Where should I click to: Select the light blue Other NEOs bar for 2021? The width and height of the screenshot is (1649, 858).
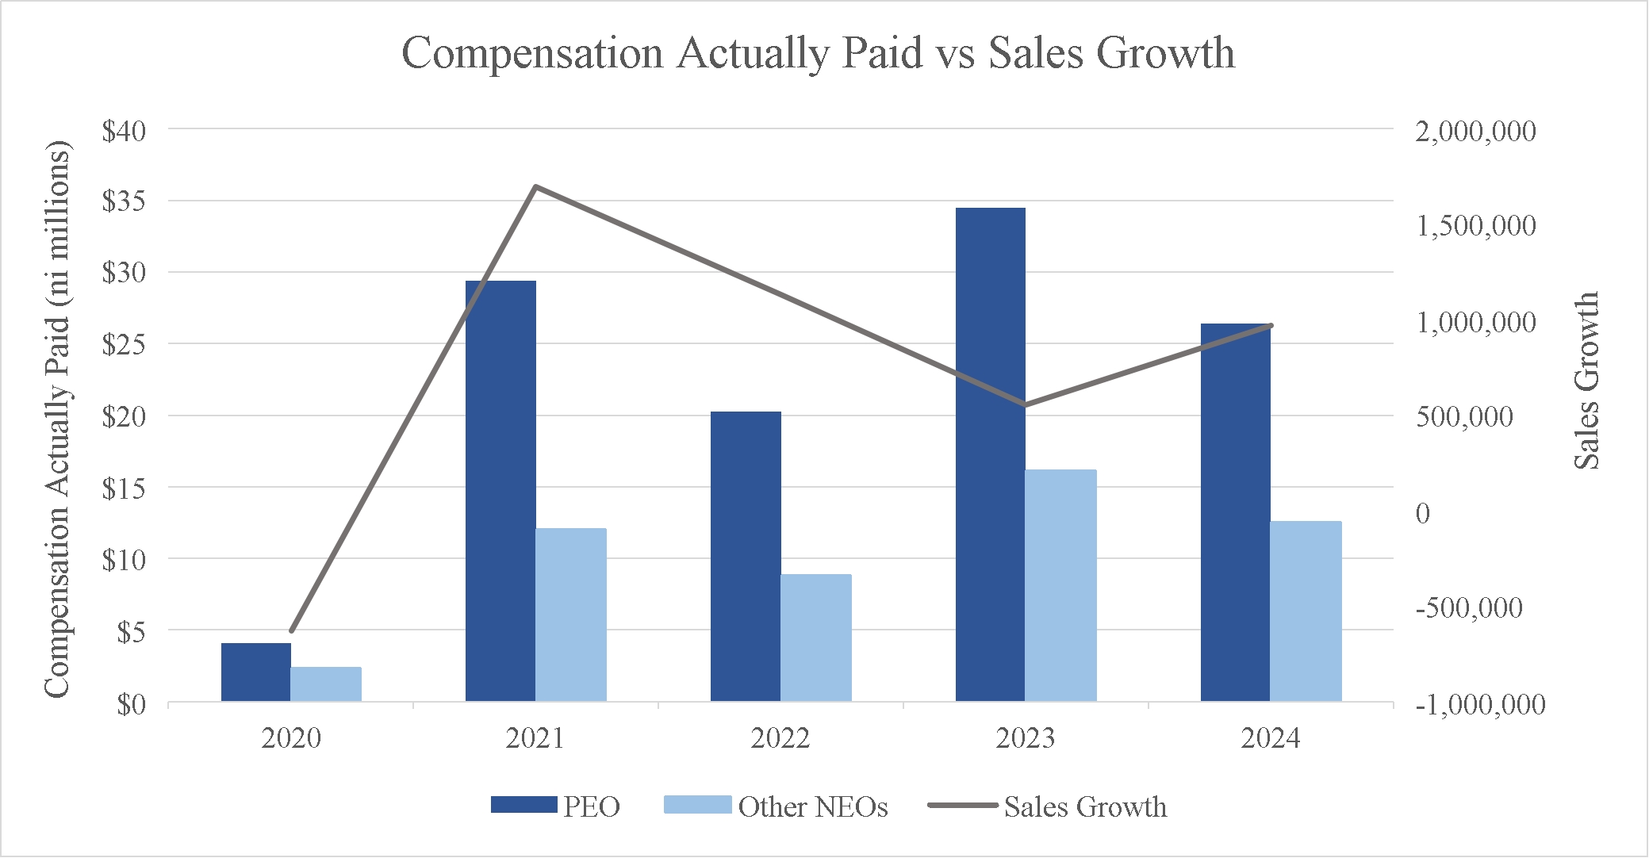click(x=571, y=615)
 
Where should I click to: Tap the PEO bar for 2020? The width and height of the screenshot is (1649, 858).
click(x=255, y=672)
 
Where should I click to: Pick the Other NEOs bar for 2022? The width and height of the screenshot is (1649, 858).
click(x=816, y=638)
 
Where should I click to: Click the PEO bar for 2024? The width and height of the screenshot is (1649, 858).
click(x=1235, y=512)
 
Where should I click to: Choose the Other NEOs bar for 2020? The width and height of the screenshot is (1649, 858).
click(x=326, y=684)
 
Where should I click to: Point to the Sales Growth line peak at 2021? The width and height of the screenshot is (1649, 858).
click(x=536, y=187)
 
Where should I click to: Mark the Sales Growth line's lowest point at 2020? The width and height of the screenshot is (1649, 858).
click(x=291, y=631)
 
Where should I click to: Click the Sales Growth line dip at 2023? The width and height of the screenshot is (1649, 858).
click(x=1026, y=405)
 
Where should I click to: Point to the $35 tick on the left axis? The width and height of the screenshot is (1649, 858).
click(x=124, y=201)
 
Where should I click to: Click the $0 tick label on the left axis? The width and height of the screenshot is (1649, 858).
click(x=132, y=703)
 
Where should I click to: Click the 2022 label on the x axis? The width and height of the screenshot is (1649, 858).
click(x=780, y=738)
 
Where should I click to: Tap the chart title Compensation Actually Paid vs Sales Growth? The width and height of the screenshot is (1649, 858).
click(x=818, y=54)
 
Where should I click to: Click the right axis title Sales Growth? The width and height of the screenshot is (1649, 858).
click(x=1586, y=381)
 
